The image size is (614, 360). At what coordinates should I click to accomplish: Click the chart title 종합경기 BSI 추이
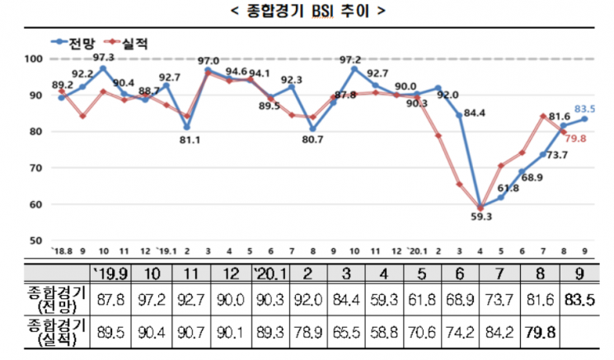tap(308, 11)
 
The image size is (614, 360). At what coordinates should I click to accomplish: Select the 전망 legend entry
tap(73, 43)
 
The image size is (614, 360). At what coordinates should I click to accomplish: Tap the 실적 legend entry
tap(126, 43)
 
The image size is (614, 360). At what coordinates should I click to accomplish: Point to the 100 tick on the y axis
tap(33, 59)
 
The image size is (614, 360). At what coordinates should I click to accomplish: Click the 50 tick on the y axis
tap(35, 241)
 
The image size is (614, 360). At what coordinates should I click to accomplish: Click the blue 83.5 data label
tap(584, 110)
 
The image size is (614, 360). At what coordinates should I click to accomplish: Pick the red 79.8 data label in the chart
tap(575, 138)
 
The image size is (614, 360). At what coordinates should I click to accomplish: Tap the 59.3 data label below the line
tap(481, 217)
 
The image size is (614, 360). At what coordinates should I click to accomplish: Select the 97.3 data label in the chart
tap(103, 58)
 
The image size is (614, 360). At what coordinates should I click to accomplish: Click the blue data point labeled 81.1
tap(187, 127)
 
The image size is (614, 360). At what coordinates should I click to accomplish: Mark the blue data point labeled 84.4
tap(459, 115)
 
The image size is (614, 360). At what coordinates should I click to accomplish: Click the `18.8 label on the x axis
tap(62, 251)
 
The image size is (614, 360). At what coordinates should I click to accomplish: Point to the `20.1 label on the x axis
tap(417, 251)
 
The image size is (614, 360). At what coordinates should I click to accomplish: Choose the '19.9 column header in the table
tap(110, 274)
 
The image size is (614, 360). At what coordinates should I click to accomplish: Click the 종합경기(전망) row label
tap(56, 300)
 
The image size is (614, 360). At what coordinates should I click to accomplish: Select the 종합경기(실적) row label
tap(56, 332)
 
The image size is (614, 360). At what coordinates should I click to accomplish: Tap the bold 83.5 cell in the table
tap(579, 300)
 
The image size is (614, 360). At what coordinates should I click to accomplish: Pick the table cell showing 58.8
tap(383, 333)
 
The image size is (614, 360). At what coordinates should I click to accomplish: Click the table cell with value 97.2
tap(151, 300)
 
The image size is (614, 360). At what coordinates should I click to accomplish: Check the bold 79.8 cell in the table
tap(540, 333)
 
